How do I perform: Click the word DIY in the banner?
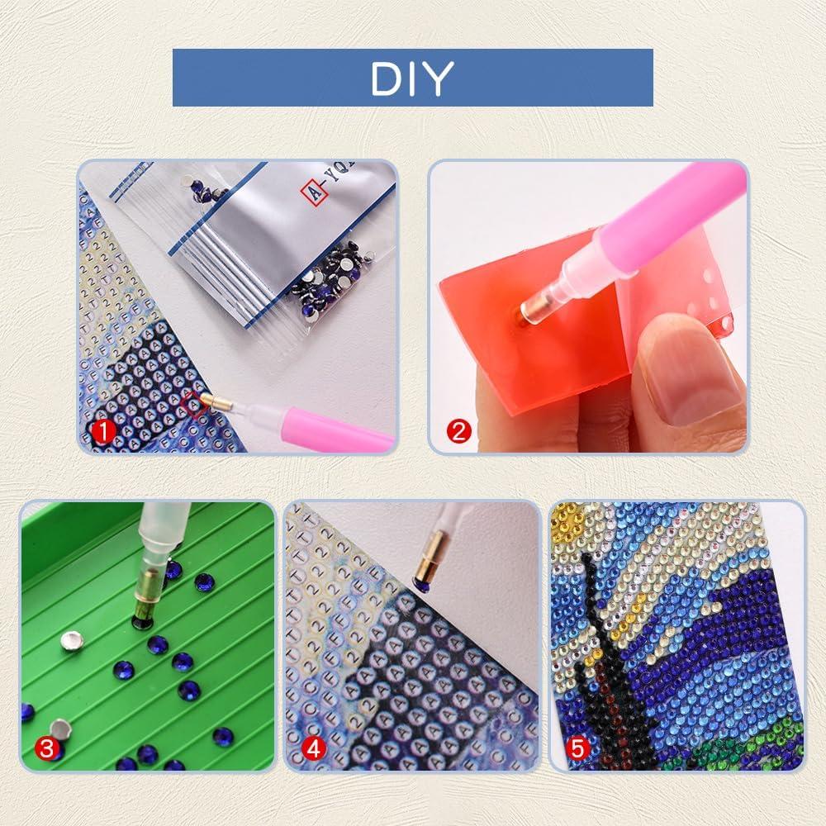pos(412,78)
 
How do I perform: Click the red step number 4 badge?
pos(313,749)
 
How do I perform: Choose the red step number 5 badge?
pos(578,749)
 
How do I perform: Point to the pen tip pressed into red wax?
pos(529,312)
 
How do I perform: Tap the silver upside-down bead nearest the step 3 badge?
pos(59,728)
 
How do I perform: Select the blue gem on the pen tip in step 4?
pos(422,584)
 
